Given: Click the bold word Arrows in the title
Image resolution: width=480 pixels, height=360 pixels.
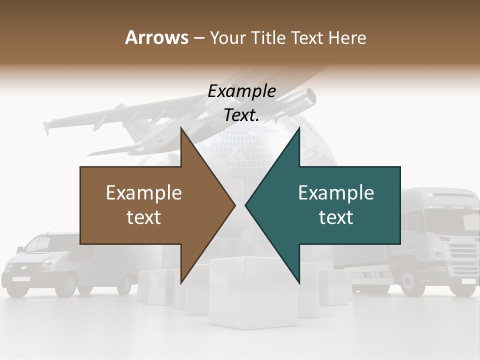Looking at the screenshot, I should (157, 37).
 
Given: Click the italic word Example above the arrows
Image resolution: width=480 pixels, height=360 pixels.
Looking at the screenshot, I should (242, 91).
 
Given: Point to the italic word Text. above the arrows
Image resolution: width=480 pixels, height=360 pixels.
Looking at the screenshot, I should (242, 115).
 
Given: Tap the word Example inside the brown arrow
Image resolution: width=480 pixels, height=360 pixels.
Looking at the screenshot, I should (144, 193).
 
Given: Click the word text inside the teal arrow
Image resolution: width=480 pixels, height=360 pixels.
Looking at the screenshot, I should (336, 217).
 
